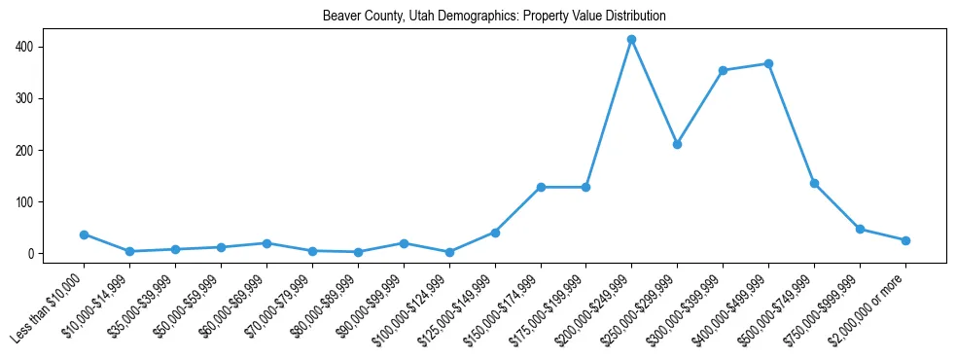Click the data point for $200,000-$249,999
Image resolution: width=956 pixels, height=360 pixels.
631,40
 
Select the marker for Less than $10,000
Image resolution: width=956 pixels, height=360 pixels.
84,234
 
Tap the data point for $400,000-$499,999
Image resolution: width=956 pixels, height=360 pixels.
768,64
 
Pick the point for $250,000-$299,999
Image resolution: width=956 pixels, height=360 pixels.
677,144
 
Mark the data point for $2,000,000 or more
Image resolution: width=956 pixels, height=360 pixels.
905,240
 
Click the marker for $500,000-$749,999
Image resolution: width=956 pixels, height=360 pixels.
814,183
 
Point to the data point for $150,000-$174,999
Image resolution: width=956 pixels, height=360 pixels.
540,187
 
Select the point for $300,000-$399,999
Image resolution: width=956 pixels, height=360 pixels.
723,70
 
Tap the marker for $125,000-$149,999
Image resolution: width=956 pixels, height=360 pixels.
495,233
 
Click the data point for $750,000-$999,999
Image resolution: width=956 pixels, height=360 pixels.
860,229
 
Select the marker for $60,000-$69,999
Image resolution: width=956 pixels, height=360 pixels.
266,243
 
